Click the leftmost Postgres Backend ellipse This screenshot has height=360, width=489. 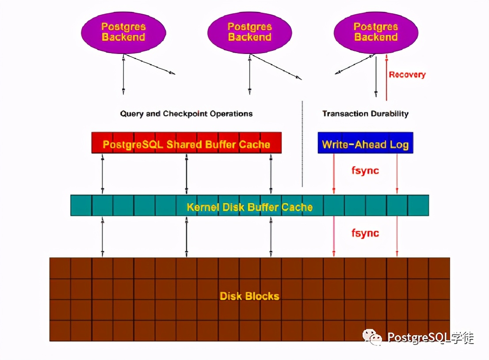point(123,32)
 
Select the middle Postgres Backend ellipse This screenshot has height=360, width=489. point(249,32)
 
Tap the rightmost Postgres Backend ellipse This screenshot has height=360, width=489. point(376,32)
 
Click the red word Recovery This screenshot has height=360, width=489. point(407,75)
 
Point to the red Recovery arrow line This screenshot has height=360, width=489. point(386,77)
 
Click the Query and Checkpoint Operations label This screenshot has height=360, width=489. point(186,114)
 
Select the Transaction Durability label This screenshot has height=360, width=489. point(365,114)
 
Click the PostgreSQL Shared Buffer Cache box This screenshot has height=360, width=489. point(187,142)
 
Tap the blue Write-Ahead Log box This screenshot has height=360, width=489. point(365,142)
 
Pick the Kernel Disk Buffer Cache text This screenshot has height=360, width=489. point(249,207)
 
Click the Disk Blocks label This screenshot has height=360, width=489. point(249,296)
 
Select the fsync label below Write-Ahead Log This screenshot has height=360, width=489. point(365,171)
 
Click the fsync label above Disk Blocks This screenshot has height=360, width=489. point(365,233)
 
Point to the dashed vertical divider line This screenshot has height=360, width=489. point(302,144)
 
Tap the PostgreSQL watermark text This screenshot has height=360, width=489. point(430,337)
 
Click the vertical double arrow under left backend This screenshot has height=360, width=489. point(123,74)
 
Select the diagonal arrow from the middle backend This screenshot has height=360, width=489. point(276,66)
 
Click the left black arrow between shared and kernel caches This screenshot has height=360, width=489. point(103,174)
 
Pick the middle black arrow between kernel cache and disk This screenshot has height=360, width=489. point(187,237)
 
